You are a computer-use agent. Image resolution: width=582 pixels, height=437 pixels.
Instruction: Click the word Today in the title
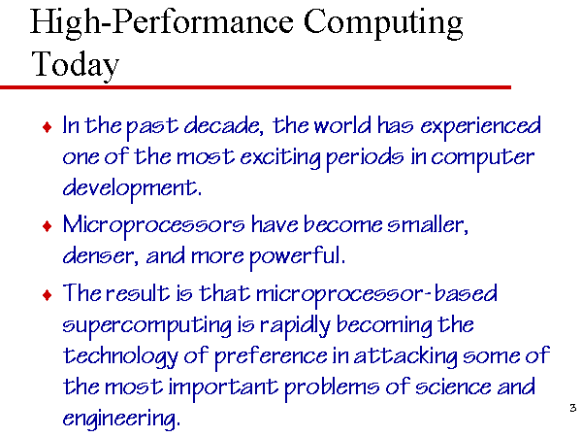tap(76, 64)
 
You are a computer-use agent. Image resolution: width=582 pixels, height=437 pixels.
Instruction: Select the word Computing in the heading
tap(383, 22)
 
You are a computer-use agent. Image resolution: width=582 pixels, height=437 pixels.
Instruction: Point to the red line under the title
tap(255, 87)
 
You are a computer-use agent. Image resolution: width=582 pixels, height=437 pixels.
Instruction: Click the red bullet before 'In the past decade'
tap(48, 127)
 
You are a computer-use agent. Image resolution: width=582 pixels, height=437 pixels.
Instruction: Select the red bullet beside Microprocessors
tap(48, 226)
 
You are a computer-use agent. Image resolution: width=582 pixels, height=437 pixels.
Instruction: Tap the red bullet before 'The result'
tap(48, 295)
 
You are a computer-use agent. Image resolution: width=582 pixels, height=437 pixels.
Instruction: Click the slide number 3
tap(572, 408)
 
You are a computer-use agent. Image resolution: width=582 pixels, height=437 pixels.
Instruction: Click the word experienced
tap(481, 127)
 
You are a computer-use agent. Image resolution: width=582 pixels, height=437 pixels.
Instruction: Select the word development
tap(132, 188)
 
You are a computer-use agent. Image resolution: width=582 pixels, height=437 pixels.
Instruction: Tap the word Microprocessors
tap(153, 226)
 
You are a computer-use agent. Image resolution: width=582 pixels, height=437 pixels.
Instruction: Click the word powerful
tap(297, 257)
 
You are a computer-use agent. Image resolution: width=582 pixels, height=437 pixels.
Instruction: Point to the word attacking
tap(405, 356)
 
